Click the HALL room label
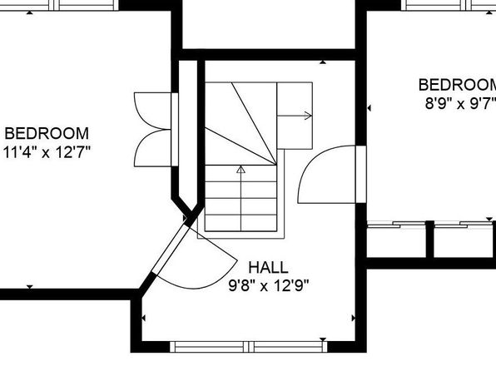[x=268, y=268]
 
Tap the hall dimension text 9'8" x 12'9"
[x=268, y=286]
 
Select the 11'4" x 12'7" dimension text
[x=47, y=152]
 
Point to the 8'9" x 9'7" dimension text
[x=460, y=103]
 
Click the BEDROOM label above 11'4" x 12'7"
[x=47, y=133]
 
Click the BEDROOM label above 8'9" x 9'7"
[x=458, y=85]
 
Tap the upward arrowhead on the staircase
[x=241, y=170]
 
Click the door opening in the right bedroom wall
[x=361, y=175]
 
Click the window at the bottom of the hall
[x=249, y=347]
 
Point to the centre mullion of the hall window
[x=249, y=347]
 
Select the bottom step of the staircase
[x=241, y=223]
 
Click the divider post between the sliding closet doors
[x=429, y=240]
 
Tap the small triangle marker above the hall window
[x=323, y=339]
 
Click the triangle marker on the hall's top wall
[x=323, y=62]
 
